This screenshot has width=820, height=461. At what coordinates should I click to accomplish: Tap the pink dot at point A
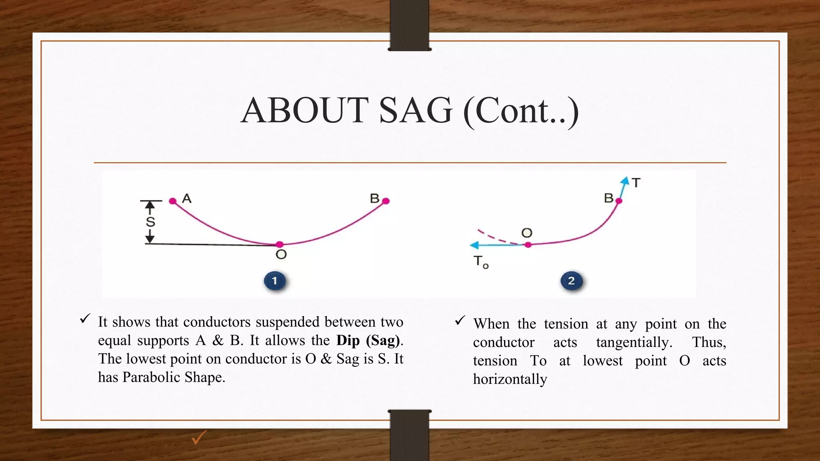pyautogui.click(x=173, y=201)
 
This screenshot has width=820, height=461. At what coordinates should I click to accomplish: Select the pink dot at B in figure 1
pyautogui.click(x=386, y=201)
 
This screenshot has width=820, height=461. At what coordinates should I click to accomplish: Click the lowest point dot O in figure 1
pyautogui.click(x=280, y=244)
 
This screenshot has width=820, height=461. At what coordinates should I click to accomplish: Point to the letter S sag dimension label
pyautogui.click(x=150, y=222)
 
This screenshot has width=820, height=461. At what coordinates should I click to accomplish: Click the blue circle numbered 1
pyautogui.click(x=275, y=281)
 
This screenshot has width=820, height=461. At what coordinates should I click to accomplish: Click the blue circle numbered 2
pyautogui.click(x=571, y=281)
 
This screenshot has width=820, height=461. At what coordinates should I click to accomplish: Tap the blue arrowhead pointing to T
pyautogui.click(x=625, y=181)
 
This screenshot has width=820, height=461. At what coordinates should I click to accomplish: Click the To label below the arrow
pyautogui.click(x=480, y=262)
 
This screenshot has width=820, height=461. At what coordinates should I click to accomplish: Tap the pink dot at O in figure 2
pyautogui.click(x=528, y=245)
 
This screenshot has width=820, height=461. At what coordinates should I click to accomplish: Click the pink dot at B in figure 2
pyautogui.click(x=619, y=201)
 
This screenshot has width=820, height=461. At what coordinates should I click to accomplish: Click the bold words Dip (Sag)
pyautogui.click(x=368, y=340)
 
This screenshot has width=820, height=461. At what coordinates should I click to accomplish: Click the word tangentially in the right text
pyautogui.click(x=634, y=342)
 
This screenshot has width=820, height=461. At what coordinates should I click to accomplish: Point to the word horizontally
pyautogui.click(x=510, y=379)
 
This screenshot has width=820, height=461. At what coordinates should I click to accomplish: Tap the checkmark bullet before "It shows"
pyautogui.click(x=85, y=319)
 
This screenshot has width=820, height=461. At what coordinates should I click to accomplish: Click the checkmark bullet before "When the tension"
pyautogui.click(x=460, y=320)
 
